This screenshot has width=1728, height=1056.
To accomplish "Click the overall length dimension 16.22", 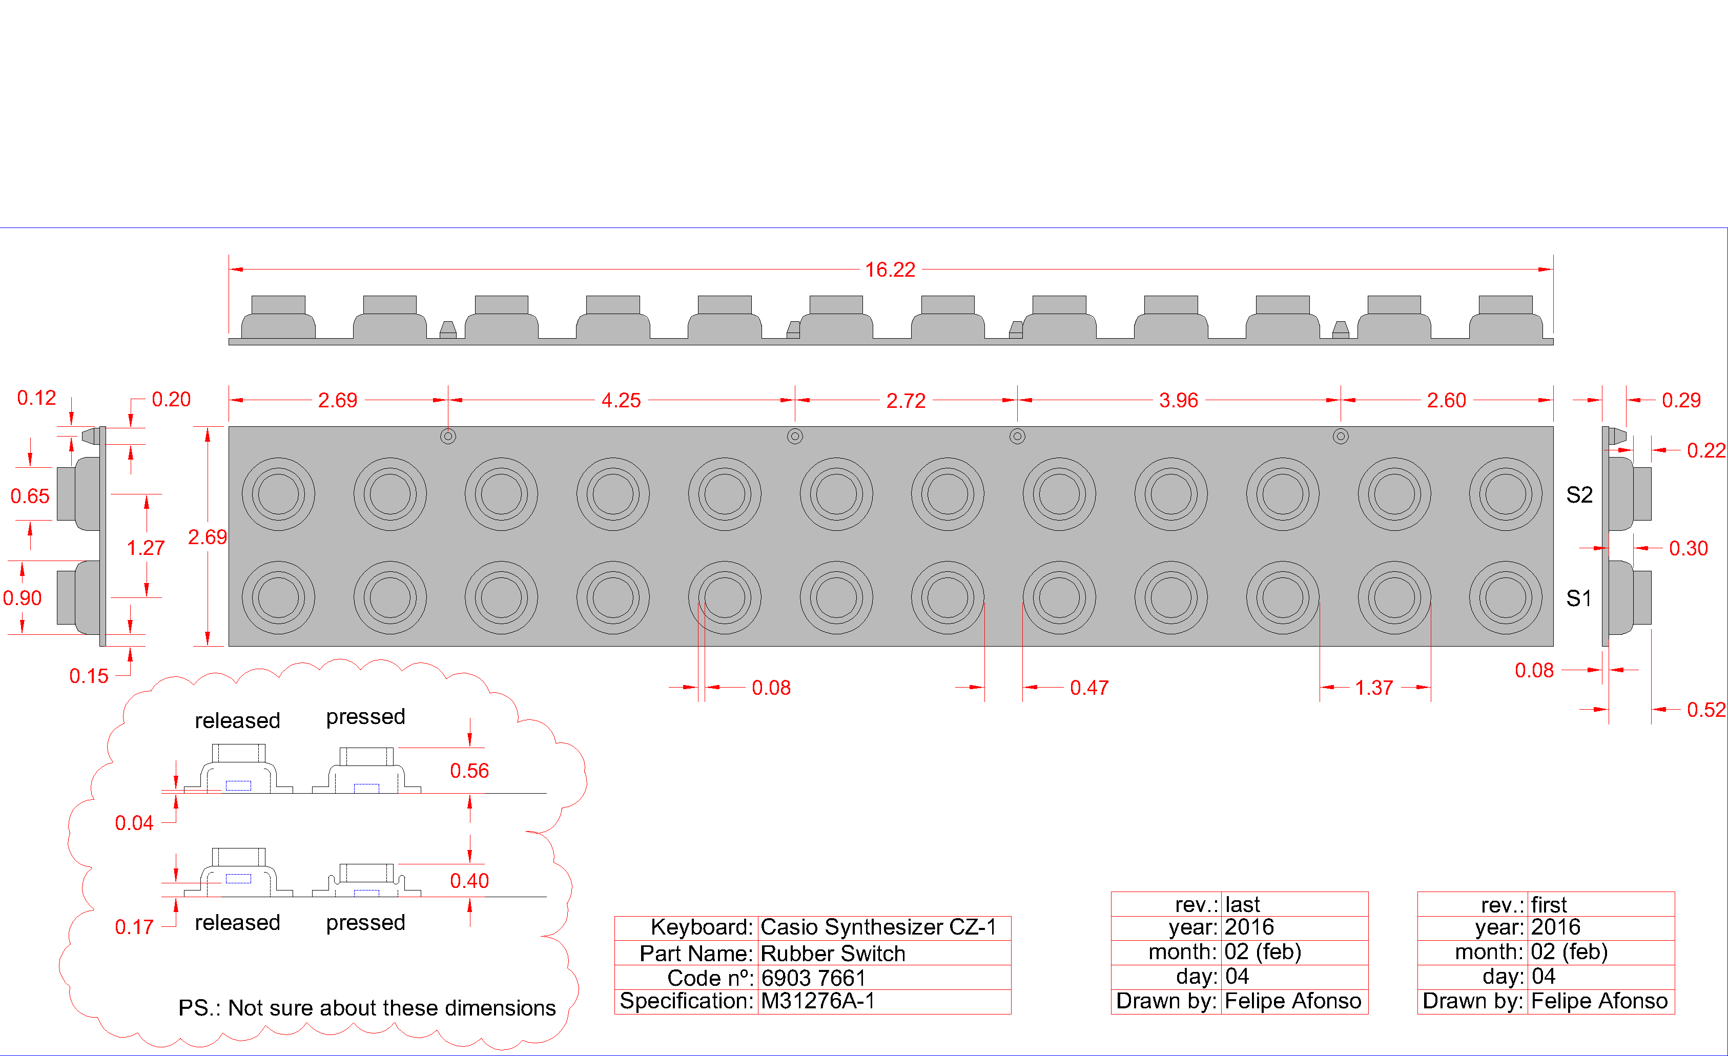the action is point(890,270).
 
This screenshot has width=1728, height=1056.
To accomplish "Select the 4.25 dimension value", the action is point(621,400).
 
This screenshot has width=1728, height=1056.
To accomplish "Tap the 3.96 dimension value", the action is point(1179,400).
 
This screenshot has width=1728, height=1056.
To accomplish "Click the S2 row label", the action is point(1579,495).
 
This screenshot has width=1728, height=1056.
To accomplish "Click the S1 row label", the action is point(1579,598).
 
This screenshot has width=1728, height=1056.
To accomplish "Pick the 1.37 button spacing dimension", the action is point(1374,688).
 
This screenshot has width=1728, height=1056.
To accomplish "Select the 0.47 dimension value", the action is point(1089,688).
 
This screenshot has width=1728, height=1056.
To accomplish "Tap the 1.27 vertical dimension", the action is point(146,548).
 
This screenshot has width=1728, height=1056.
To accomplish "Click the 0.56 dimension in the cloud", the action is point(469,771).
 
